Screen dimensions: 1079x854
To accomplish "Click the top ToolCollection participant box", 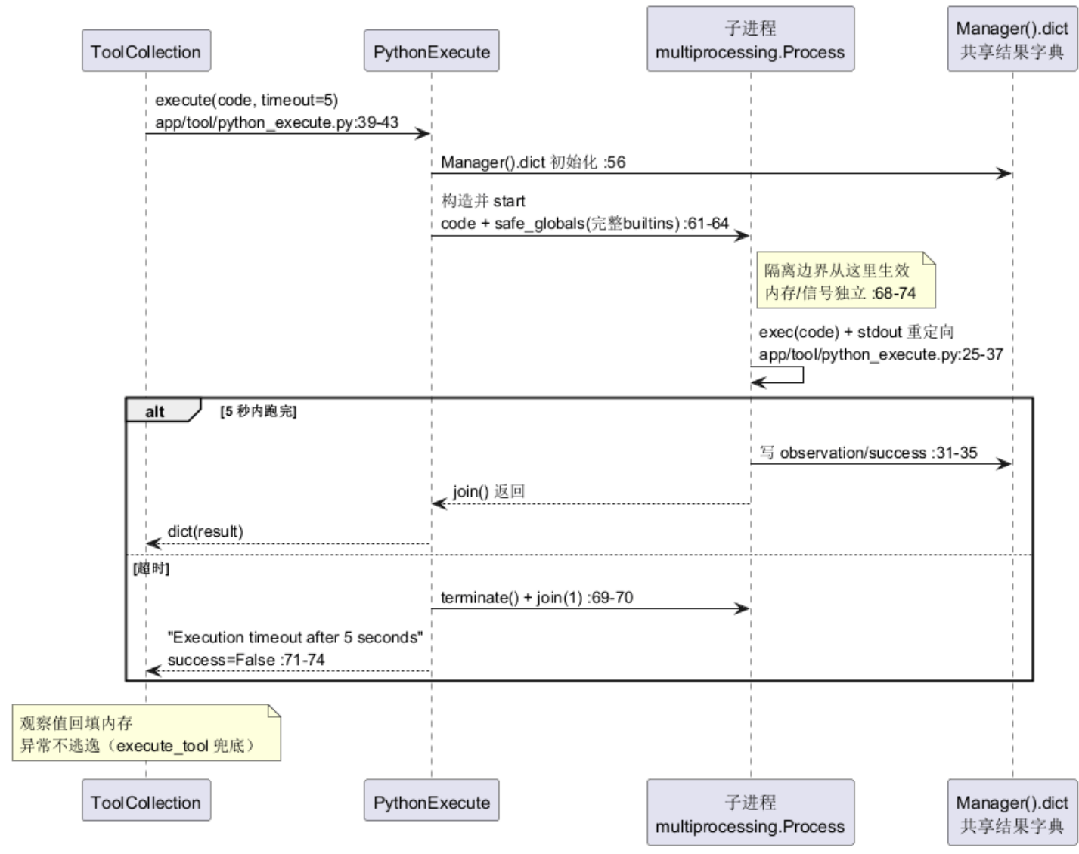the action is (x=146, y=51).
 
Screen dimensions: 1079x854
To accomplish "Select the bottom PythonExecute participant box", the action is (x=431, y=800).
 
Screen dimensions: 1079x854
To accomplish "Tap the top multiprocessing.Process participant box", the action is (x=750, y=39).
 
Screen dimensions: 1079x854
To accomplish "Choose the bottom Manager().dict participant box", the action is (x=1012, y=812).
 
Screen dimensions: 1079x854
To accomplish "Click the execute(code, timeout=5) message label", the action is (x=246, y=101).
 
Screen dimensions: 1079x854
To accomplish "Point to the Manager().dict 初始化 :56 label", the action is (x=533, y=162).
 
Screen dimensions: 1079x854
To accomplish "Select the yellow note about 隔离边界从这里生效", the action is (x=846, y=280).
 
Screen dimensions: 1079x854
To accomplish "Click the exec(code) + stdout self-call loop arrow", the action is (x=803, y=375).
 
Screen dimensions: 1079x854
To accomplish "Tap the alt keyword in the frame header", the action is (x=154, y=411).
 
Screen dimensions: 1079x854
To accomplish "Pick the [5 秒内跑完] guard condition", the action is (x=258, y=411).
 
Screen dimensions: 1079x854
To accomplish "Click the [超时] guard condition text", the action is (x=151, y=569).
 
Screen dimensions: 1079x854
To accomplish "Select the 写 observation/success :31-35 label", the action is (x=868, y=453).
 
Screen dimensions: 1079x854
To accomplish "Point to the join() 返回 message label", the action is (x=488, y=492).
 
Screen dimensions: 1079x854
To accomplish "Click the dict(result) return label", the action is (x=205, y=531).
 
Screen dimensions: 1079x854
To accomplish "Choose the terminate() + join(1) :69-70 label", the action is (x=537, y=597).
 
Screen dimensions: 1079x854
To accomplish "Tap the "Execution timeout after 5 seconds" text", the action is (x=295, y=638).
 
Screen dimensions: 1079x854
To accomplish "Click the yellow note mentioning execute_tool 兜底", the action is (x=147, y=733).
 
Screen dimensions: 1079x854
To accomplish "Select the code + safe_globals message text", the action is (x=584, y=224).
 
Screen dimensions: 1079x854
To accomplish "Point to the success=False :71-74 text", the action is (x=246, y=660).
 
